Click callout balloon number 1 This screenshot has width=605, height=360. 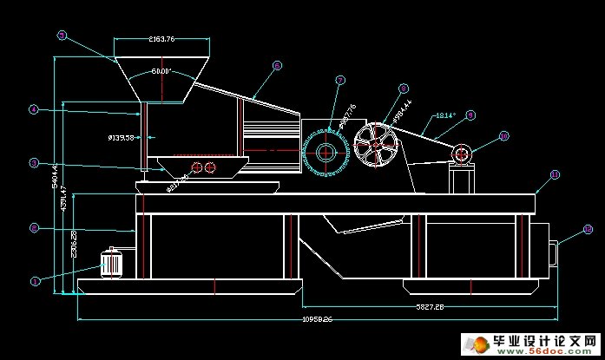click(x=36, y=280)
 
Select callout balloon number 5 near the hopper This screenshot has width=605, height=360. click(x=34, y=162)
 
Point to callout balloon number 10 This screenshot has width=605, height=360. click(x=503, y=136)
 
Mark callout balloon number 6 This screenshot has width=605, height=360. click(x=277, y=65)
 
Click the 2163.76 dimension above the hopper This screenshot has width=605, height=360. click(x=161, y=39)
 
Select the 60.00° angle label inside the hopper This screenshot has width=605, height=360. click(x=161, y=71)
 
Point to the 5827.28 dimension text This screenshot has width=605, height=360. click(x=430, y=306)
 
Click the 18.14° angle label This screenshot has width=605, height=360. click(x=444, y=115)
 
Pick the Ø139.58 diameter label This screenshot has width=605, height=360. click(x=121, y=137)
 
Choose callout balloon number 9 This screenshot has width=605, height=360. click(x=470, y=115)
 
